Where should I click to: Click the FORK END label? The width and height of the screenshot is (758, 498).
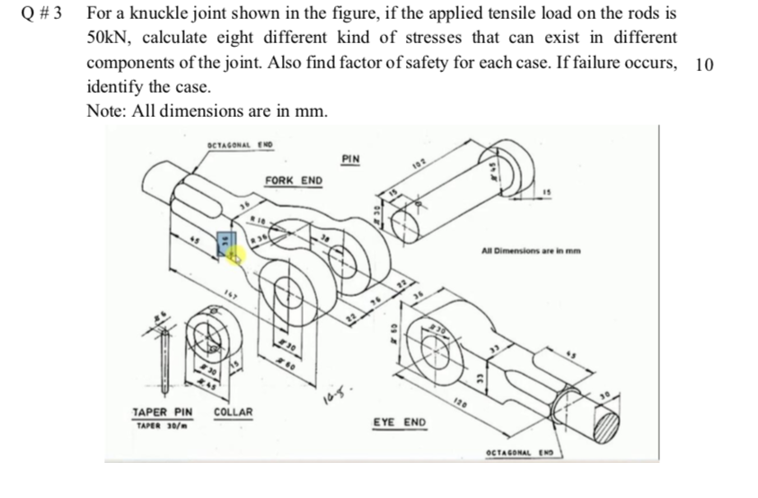point(293,181)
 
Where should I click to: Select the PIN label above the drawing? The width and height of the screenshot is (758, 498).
point(351,159)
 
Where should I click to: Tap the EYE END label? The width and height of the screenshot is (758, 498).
point(401,421)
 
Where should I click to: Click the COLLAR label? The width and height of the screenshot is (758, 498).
point(233,412)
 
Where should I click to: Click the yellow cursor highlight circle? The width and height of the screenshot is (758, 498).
point(236,255)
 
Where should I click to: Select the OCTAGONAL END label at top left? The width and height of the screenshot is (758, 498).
point(239,144)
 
